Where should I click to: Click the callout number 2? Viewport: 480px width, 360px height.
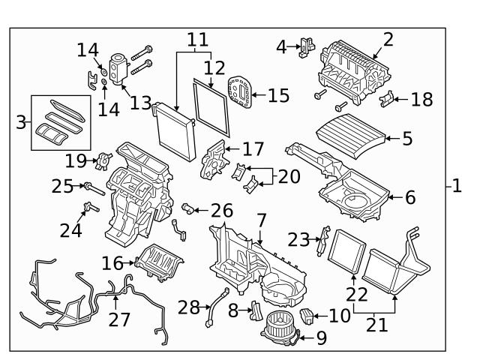(388, 39)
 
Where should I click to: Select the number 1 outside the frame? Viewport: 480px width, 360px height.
(457, 185)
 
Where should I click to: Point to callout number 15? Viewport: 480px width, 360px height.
(279, 96)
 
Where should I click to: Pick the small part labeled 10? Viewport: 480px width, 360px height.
(307, 316)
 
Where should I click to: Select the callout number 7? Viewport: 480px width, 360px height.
(260, 222)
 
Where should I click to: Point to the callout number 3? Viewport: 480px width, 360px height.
(20, 122)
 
